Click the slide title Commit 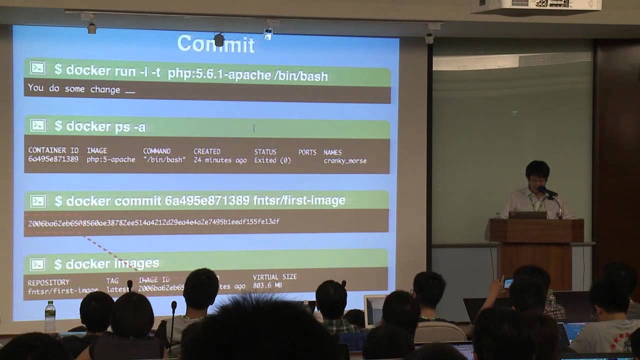216,44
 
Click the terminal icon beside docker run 37,68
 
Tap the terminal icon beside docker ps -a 37,125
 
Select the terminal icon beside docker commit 37,200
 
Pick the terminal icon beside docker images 37,264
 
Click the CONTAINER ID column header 53,150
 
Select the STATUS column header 265,151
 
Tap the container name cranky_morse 345,161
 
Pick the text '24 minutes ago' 220,160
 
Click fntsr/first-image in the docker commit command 299,200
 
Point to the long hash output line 153,222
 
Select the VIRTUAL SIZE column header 274,276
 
